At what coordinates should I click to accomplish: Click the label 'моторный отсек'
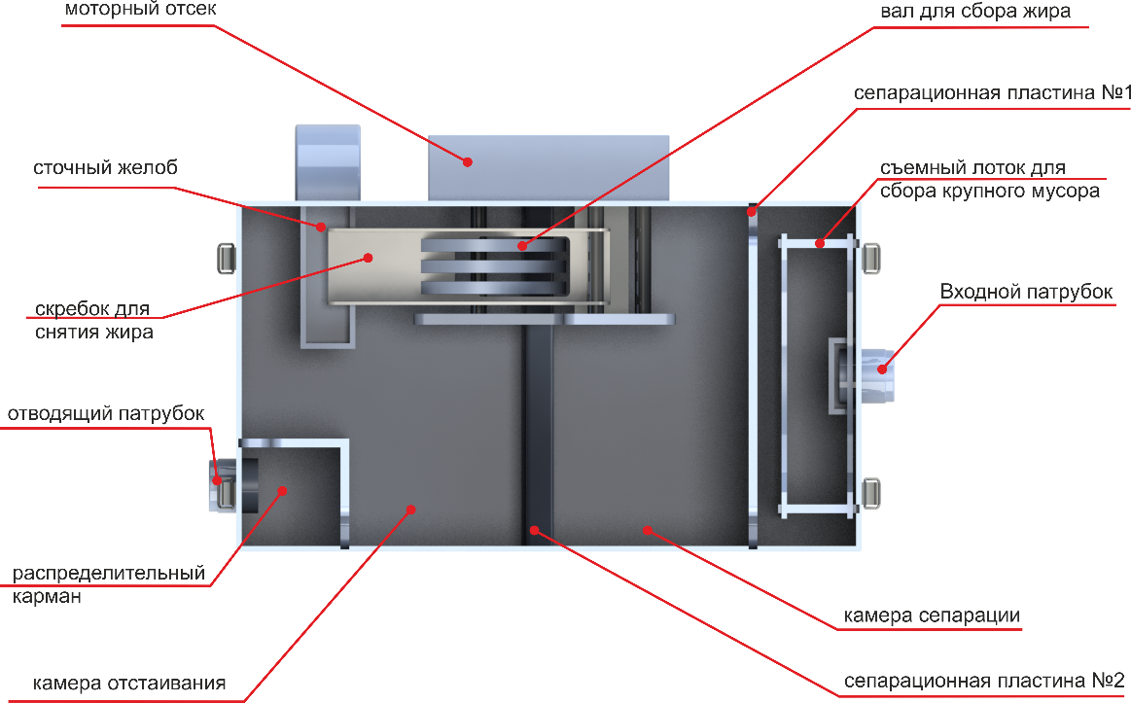[x=140, y=10]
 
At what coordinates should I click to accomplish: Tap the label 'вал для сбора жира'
[x=975, y=12]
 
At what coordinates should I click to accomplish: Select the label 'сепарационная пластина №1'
[x=992, y=93]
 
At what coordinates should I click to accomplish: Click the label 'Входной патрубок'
[x=1026, y=292]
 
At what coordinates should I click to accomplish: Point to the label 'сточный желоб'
[x=105, y=168]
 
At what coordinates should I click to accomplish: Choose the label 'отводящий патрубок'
[x=106, y=414]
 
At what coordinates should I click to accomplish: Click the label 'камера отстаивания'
[x=129, y=683]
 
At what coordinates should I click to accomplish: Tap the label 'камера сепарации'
[x=932, y=615]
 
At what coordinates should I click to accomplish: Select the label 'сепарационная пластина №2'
[x=984, y=681]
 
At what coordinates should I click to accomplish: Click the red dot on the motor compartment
[x=468, y=162]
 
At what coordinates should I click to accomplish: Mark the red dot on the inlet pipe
[x=881, y=369]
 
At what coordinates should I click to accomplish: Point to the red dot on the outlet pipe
[x=217, y=480]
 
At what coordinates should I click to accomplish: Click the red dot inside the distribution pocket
[x=282, y=490]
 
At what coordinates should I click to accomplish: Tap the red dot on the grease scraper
[x=368, y=258]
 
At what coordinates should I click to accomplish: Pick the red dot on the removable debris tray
[x=820, y=244]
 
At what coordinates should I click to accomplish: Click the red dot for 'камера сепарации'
[x=648, y=530]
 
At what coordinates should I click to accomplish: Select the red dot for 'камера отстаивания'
[x=410, y=510]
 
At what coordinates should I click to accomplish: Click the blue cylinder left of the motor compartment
[x=328, y=162]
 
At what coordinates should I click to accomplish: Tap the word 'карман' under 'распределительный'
[x=47, y=597]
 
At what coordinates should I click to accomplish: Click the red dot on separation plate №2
[x=535, y=530]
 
